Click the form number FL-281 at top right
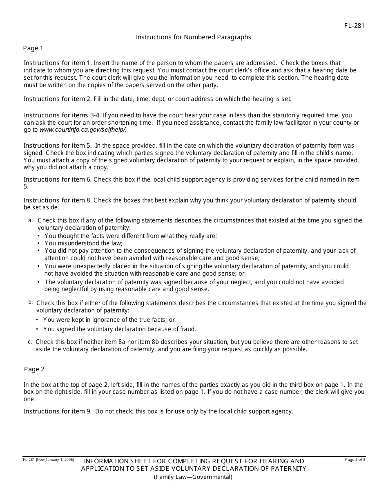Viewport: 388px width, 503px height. click(354, 26)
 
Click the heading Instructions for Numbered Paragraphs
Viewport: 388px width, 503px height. click(193, 37)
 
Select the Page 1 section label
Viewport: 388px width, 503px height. click(33, 48)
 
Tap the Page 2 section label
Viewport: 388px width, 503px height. click(34, 369)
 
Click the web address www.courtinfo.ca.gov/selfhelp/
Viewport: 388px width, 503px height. click(83, 130)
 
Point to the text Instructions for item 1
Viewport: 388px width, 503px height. click(58, 63)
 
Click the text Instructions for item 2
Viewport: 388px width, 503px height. click(58, 99)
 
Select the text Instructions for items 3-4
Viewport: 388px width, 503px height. click(61, 116)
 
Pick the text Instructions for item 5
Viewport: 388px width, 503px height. click(58, 146)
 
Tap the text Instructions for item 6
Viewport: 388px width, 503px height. click(58, 180)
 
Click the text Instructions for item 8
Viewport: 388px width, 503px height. click(58, 200)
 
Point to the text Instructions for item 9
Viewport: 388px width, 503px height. click(58, 411)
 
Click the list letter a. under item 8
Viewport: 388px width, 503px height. click(30, 220)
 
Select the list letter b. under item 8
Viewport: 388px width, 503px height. click(30, 302)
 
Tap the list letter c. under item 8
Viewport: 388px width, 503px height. click(30, 341)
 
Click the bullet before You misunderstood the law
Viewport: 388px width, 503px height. click(39, 243)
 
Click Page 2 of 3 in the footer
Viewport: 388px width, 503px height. click(355, 460)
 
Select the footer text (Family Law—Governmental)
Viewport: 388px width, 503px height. click(193, 477)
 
